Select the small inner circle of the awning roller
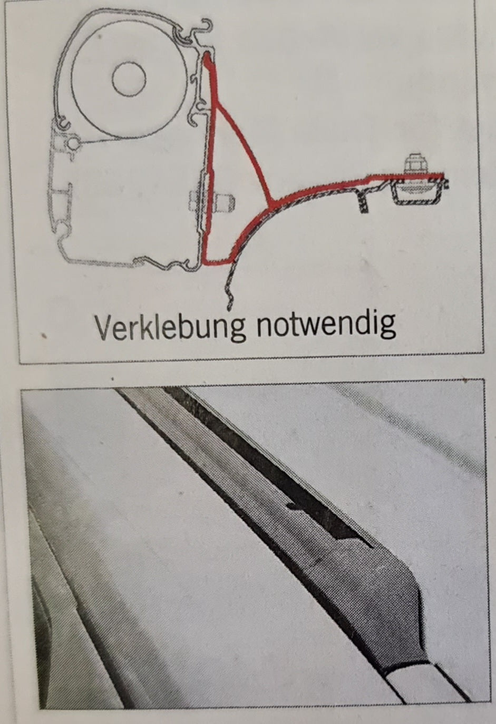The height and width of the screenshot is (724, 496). point(129,79)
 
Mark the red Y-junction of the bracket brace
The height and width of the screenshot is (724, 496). point(270,202)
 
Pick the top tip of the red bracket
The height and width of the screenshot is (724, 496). point(206,57)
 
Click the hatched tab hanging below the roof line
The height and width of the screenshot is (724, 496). point(363,201)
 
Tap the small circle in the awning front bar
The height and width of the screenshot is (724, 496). point(73,142)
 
